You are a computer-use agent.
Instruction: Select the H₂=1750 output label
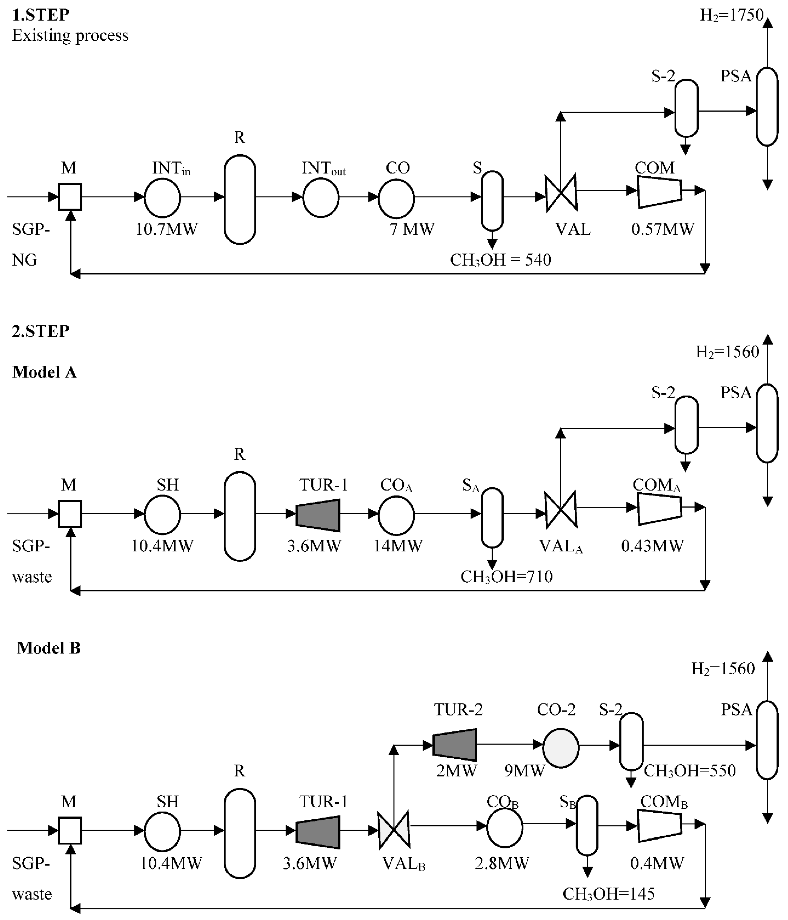point(731,15)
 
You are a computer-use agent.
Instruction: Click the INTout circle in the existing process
point(320,198)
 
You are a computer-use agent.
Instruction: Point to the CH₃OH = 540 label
point(500,260)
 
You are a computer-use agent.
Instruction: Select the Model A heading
point(44,372)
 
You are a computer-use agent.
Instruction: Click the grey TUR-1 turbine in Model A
point(318,515)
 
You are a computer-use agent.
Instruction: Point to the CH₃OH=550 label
point(689,771)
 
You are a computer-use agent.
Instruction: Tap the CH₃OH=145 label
point(608,894)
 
